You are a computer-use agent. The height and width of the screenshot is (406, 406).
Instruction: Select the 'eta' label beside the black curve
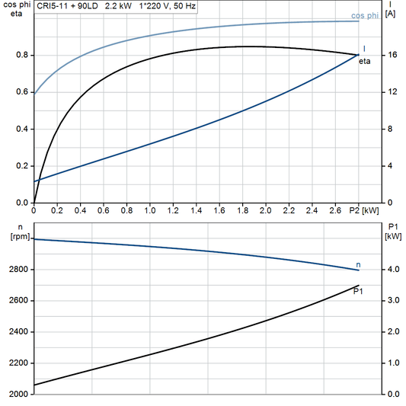pos(366,61)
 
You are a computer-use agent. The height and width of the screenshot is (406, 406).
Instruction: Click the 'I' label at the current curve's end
pos(364,48)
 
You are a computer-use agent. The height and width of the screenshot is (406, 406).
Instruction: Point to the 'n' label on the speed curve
pos(359,264)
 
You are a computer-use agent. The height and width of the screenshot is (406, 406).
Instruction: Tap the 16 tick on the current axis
pos(391,55)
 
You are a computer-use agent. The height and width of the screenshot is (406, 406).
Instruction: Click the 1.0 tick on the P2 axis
pos(150,209)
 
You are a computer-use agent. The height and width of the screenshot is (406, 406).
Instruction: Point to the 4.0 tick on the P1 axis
pos(393,270)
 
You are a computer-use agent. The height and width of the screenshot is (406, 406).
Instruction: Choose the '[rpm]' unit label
pos(18,236)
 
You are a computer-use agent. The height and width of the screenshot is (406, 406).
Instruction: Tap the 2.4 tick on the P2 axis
pos(312,209)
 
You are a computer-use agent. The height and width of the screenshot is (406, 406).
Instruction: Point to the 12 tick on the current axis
pos(391,92)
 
